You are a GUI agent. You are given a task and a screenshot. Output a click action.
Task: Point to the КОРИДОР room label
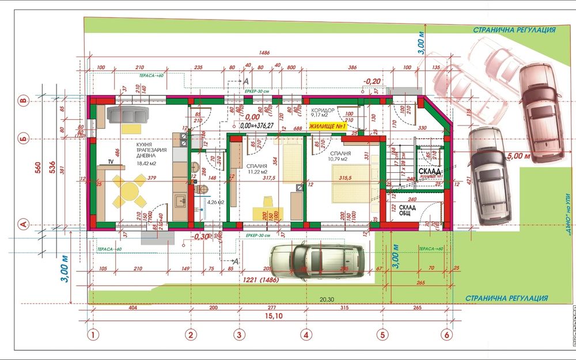pos(323,110)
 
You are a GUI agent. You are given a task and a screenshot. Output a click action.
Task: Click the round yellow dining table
pos(129,192)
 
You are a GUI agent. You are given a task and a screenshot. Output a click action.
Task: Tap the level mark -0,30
pos(199,236)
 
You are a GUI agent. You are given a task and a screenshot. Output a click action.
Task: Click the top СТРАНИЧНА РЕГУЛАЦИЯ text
pos(514,30)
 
